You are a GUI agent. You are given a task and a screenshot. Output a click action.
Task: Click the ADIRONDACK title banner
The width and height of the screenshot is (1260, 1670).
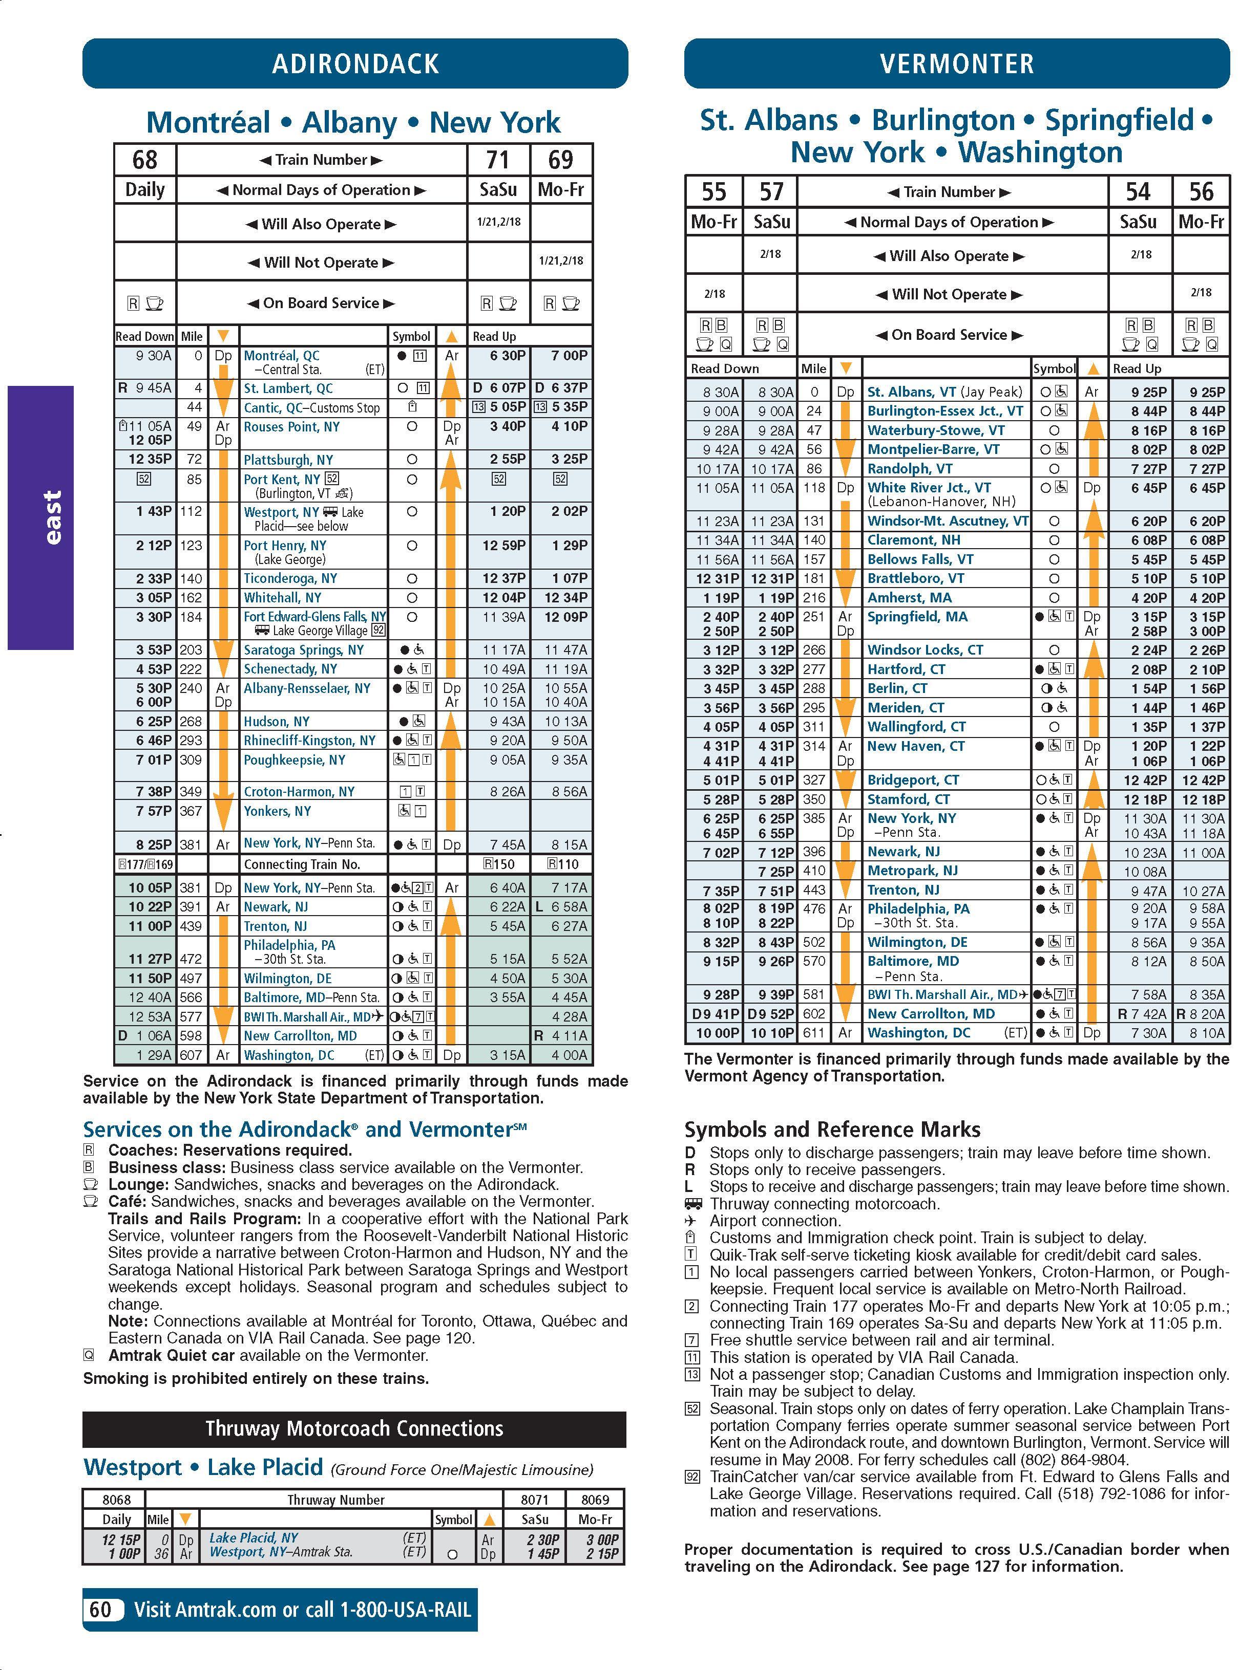(355, 63)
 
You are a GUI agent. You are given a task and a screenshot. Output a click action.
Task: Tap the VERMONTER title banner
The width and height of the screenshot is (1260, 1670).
(956, 63)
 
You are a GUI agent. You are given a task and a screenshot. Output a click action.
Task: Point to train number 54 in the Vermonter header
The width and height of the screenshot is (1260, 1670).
(1139, 192)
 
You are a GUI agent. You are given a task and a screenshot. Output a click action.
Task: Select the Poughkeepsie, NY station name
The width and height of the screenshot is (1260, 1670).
(294, 760)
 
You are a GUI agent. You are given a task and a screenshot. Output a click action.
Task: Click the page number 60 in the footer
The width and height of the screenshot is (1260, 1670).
(100, 1609)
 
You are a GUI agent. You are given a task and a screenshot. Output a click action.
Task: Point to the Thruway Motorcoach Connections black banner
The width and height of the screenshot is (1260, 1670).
(354, 1428)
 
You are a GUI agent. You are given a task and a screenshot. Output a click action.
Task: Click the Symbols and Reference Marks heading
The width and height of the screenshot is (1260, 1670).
(832, 1130)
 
